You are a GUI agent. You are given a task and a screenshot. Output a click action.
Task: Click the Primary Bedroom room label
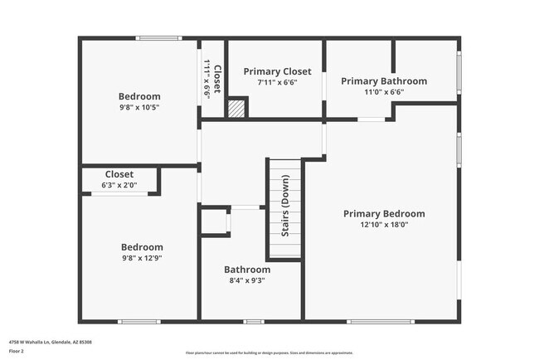(384, 213)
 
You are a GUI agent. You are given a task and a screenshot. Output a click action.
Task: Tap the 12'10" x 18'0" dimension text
(384, 224)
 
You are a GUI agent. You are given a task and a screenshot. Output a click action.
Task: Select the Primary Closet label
(277, 71)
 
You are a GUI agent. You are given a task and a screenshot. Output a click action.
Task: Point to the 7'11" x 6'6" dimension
(277, 82)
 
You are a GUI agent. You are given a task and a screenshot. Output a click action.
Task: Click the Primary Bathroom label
(384, 80)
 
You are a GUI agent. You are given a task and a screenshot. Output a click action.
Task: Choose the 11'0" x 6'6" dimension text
(384, 92)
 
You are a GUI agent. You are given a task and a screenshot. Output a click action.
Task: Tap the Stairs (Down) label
(285, 207)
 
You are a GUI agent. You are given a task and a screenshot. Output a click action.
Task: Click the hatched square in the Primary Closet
(237, 108)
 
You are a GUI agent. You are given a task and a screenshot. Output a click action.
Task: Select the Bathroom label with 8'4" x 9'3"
(247, 270)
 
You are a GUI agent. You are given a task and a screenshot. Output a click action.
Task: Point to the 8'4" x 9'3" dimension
(247, 280)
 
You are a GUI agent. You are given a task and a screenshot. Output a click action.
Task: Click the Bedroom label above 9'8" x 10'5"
(139, 96)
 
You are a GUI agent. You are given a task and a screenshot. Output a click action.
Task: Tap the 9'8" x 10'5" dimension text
(139, 107)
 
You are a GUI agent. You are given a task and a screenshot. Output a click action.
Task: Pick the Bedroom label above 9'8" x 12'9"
(142, 246)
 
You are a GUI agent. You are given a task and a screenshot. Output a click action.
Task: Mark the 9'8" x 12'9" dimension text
(142, 258)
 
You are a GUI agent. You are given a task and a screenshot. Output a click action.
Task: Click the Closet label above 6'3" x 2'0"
(119, 174)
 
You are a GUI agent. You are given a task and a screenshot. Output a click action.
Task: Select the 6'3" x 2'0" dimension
(119, 185)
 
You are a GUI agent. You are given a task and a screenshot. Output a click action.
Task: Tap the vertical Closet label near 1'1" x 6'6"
(217, 78)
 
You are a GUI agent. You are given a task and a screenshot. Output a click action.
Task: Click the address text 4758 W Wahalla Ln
(50, 341)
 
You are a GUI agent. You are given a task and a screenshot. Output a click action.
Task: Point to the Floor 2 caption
(17, 351)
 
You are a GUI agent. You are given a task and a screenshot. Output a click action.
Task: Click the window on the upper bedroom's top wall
(159, 37)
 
